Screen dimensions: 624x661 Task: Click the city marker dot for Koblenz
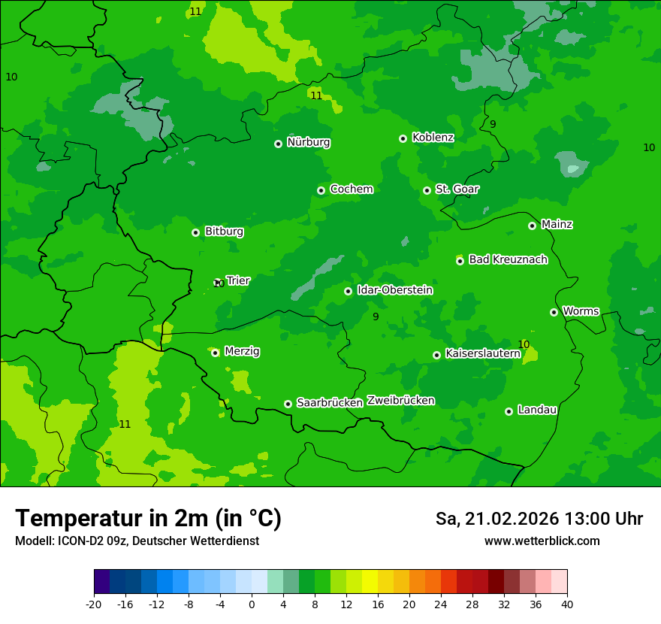coord(403,138)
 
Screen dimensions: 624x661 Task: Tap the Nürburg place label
coord(308,142)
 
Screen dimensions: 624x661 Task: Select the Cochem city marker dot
coord(321,190)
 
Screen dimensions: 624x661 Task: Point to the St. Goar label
coord(457,189)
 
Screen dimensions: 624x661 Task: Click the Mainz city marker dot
coord(532,226)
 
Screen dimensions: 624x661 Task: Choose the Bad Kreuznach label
coord(508,259)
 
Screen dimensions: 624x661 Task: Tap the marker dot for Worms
coord(554,312)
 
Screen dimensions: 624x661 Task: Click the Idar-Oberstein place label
coord(394,290)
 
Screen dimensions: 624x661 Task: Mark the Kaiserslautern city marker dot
coord(436,355)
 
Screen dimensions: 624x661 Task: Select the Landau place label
coord(537,410)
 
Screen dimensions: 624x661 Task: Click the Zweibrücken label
coord(400,400)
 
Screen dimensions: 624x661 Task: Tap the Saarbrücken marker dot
coord(288,404)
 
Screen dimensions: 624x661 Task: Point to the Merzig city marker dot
coord(215,353)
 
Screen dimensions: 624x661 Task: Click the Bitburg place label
coord(224,232)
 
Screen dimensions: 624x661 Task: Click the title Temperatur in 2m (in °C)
coord(148,518)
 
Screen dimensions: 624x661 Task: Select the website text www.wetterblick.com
coord(542,541)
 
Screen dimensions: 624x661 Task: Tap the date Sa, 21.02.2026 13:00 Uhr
coord(539,519)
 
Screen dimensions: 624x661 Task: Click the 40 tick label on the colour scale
coord(566,604)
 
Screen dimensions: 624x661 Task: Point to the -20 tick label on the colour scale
coord(93,604)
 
